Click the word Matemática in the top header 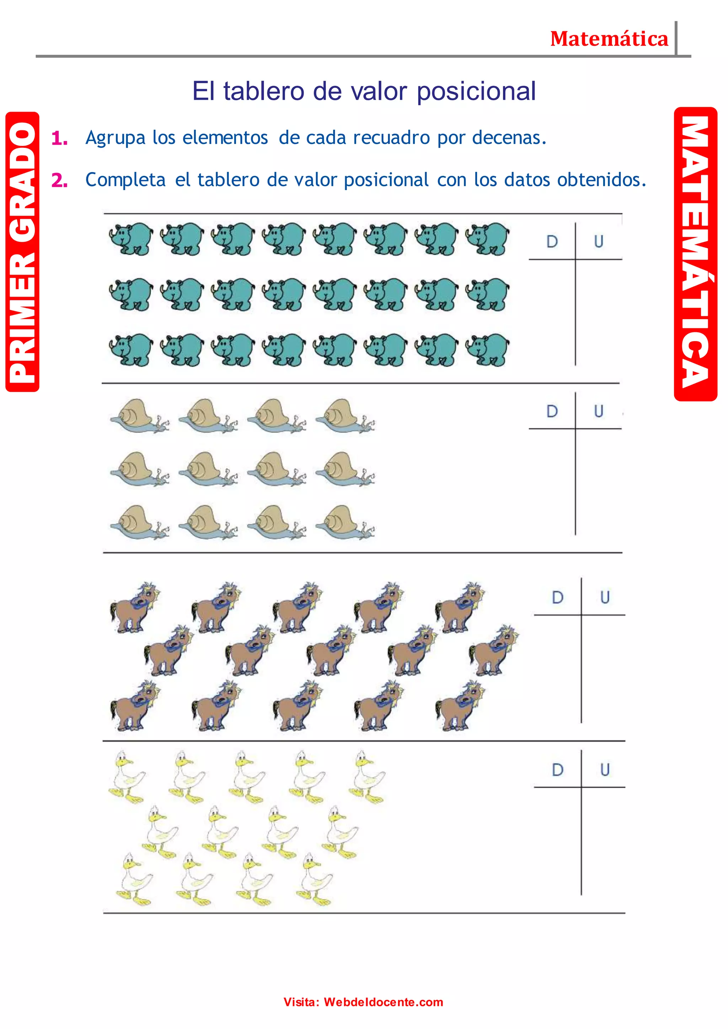pyautogui.click(x=609, y=39)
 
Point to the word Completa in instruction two pyautogui.click(x=125, y=180)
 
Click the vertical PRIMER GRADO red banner pyautogui.click(x=22, y=252)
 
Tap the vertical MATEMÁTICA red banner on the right pyautogui.click(x=695, y=254)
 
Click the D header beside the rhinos pyautogui.click(x=552, y=242)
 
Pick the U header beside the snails pyautogui.click(x=599, y=411)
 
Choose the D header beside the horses pyautogui.click(x=557, y=597)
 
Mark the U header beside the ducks pyautogui.click(x=605, y=770)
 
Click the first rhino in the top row pyautogui.click(x=131, y=238)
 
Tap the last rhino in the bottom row pyautogui.click(x=488, y=349)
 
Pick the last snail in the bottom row pyautogui.click(x=345, y=522)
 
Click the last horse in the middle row pyautogui.click(x=493, y=650)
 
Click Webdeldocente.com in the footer pyautogui.click(x=383, y=1002)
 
